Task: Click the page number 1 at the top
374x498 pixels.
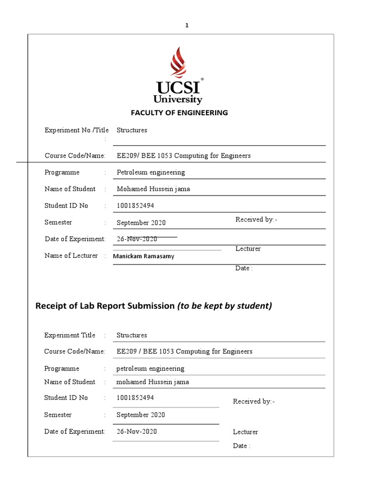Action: coord(187,26)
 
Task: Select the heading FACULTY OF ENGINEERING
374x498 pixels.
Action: coord(179,113)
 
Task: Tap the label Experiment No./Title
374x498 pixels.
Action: coord(76,130)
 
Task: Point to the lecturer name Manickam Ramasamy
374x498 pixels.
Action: coord(143,256)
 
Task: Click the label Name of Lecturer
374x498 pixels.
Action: coord(71,256)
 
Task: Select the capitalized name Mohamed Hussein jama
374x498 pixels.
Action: coord(152,189)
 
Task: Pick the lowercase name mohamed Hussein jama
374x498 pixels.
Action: coord(152,382)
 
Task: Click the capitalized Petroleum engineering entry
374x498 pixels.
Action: coord(151,173)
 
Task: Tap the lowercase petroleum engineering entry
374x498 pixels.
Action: coord(150,369)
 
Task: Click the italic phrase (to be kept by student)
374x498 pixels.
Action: coord(224,306)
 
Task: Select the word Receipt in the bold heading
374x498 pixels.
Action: coord(53,306)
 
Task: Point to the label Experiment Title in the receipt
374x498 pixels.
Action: coord(70,336)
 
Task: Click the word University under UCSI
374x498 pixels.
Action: coord(178,100)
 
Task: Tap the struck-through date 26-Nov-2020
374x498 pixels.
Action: coord(137,239)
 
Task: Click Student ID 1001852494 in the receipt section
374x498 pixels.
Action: coord(135,398)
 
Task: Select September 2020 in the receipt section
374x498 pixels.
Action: coord(141,415)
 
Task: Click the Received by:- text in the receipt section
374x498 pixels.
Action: coord(254,402)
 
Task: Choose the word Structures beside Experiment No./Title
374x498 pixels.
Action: coord(131,130)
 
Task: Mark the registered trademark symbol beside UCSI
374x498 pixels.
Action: coord(202,79)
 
